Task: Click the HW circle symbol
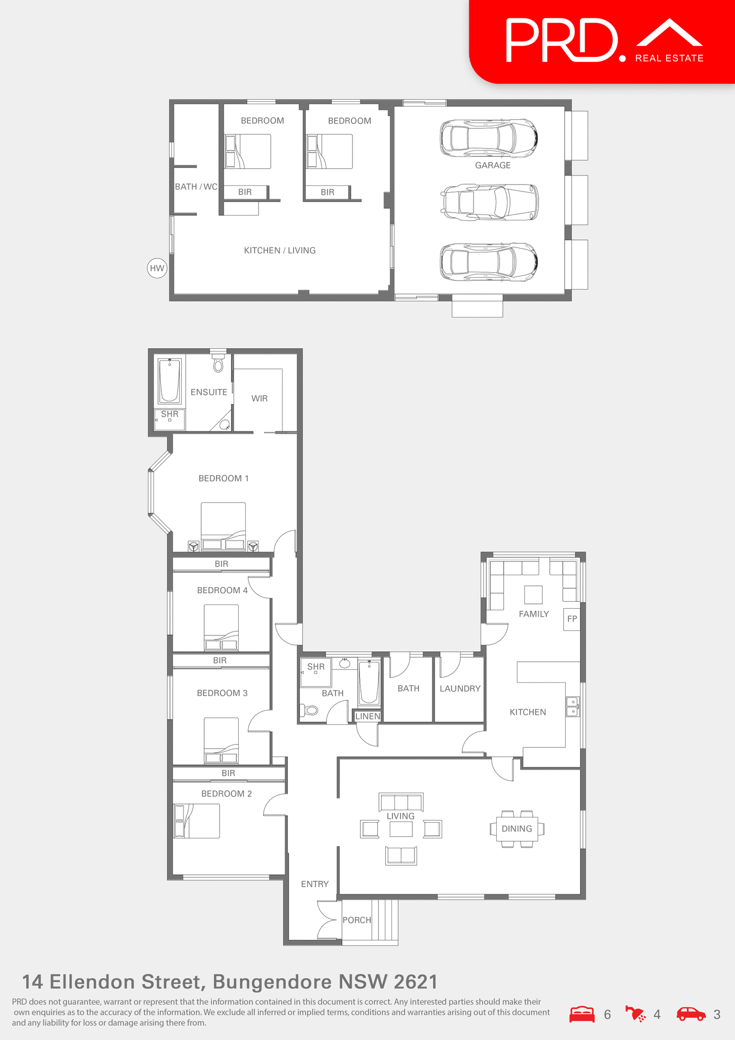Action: tap(157, 268)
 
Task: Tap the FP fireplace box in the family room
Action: tap(572, 619)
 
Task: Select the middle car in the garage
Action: tap(490, 203)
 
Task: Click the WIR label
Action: tap(259, 399)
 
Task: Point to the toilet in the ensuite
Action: tap(218, 364)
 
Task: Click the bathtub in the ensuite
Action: tap(169, 381)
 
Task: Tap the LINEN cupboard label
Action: tap(367, 716)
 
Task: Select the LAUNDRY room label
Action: tap(460, 688)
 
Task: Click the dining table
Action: tap(517, 829)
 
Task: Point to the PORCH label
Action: tap(357, 920)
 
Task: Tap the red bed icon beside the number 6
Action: tap(582, 1014)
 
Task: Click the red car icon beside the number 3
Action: tap(691, 1014)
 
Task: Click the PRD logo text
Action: tap(563, 41)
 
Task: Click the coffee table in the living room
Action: tap(401, 829)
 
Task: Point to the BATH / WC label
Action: tap(196, 187)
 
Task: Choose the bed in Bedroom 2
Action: tap(196, 821)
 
